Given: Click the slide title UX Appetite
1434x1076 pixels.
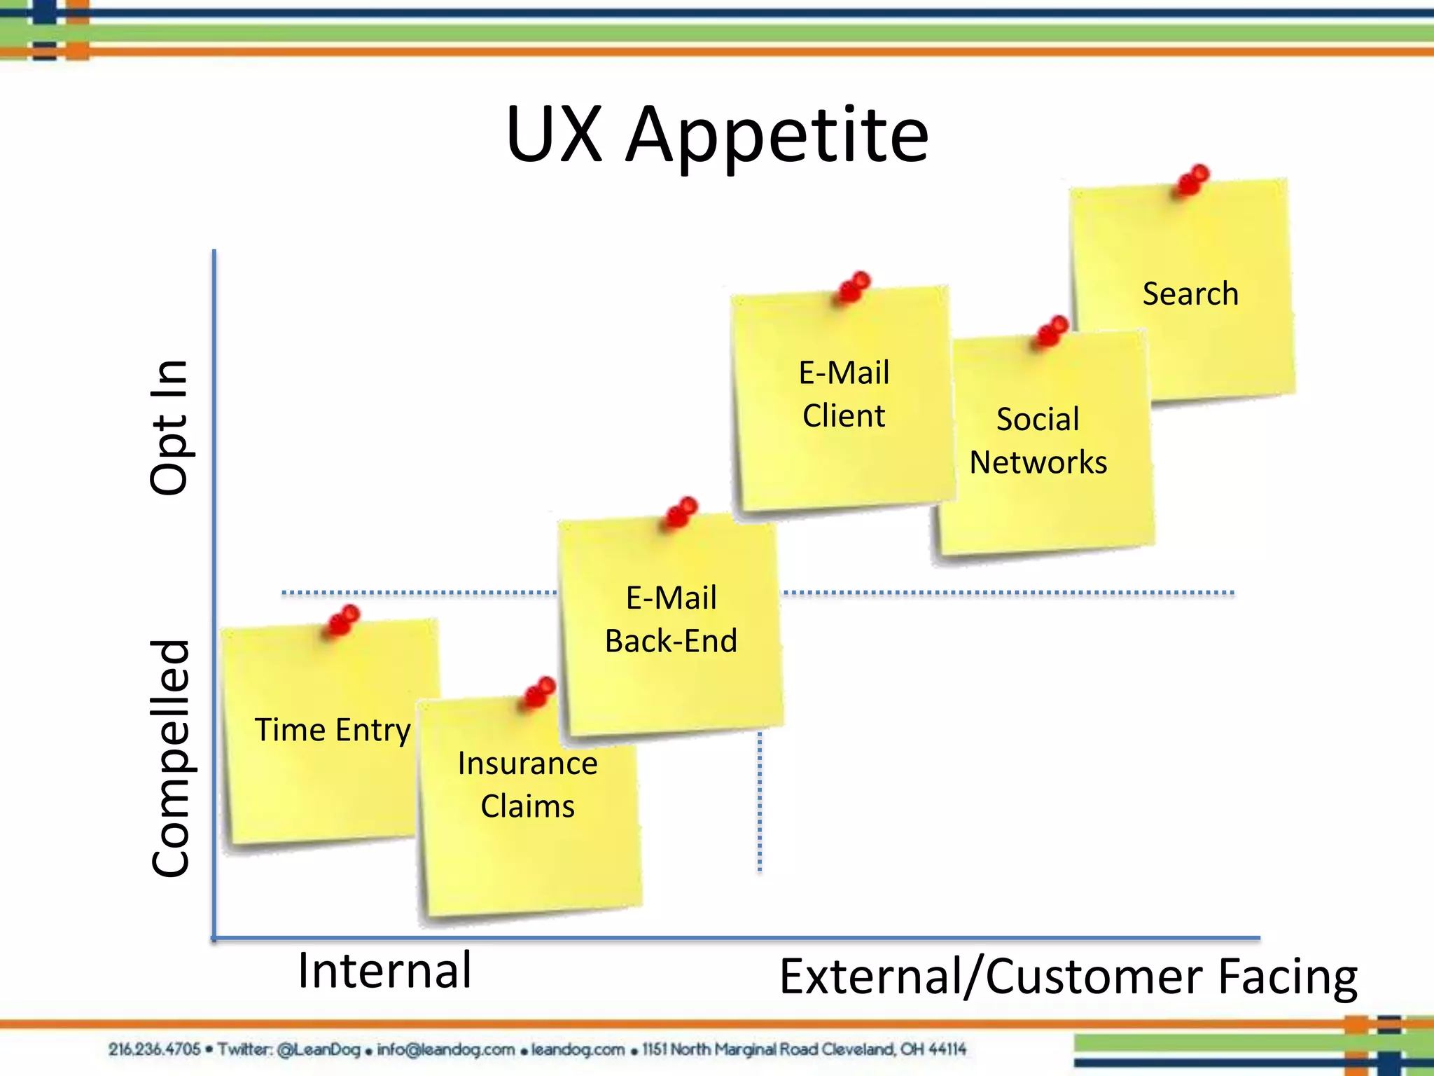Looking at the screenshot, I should pyautogui.click(x=717, y=134).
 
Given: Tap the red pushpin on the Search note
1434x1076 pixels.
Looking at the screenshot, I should pyautogui.click(x=1192, y=180).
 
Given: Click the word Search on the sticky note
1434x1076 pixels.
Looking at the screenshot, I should pyautogui.click(x=1190, y=294).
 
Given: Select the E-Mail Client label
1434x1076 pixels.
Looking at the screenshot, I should pyautogui.click(x=844, y=394).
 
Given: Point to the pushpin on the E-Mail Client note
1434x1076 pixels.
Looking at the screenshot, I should pyautogui.click(x=854, y=287).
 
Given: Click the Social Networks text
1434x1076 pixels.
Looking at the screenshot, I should pyautogui.click(x=1038, y=441).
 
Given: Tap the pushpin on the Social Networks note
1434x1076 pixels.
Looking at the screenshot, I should pyautogui.click(x=1052, y=331).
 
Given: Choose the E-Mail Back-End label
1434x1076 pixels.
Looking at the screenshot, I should pyautogui.click(x=671, y=619).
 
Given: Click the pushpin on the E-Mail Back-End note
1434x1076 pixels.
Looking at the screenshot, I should pyautogui.click(x=681, y=512).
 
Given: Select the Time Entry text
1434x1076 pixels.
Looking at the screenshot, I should pyautogui.click(x=333, y=730).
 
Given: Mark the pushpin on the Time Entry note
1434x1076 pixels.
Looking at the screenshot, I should pyautogui.click(x=342, y=620).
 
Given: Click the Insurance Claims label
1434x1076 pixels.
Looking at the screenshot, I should pyautogui.click(x=527, y=785).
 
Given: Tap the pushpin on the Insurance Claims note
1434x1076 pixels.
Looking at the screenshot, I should pyautogui.click(x=540, y=692).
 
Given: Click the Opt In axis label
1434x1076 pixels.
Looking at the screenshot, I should pyautogui.click(x=169, y=427).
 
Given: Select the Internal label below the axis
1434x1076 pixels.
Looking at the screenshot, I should pyautogui.click(x=384, y=971).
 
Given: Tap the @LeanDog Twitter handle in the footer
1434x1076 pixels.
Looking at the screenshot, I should pyautogui.click(x=318, y=1049).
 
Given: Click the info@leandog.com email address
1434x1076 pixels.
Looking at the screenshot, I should pyautogui.click(x=446, y=1049).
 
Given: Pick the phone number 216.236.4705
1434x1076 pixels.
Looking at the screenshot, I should pyautogui.click(x=154, y=1049).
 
